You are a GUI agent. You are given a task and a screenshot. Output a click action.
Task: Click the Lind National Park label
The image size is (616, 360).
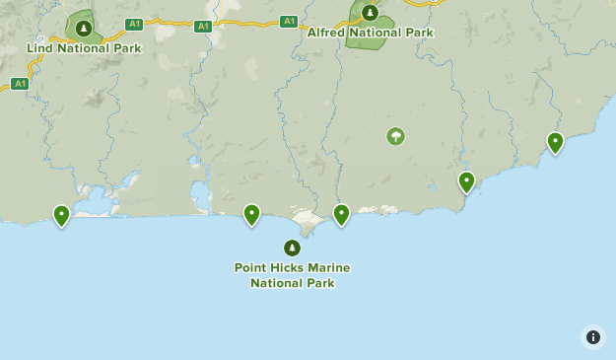point(84,48)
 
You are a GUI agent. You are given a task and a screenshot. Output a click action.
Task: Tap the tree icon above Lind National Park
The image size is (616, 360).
point(83,29)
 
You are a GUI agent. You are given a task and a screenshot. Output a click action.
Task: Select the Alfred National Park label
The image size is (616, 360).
point(370,33)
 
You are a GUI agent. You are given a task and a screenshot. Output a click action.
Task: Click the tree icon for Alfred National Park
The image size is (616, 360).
point(370,13)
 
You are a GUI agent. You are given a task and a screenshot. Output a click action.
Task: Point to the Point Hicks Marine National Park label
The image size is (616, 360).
point(292,275)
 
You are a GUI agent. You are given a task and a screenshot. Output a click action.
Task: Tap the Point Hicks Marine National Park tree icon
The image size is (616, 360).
point(292,248)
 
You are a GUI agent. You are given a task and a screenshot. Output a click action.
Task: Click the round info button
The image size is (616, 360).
point(593,337)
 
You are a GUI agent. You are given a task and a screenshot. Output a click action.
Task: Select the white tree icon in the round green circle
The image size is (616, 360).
point(395,136)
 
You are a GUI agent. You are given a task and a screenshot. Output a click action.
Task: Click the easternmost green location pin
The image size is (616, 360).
point(555,143)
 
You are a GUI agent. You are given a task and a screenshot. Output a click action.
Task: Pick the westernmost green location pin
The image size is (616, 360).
point(61,215)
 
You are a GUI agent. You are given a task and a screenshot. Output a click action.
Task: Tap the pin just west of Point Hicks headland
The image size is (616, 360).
point(251,214)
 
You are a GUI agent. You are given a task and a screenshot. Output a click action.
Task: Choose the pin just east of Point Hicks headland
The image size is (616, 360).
point(341,214)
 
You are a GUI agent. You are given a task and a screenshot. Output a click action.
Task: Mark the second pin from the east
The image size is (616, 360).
point(466,182)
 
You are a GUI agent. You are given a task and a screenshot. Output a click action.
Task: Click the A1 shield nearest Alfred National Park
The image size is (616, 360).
point(289,21)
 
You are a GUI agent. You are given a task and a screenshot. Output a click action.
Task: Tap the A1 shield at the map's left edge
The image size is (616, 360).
point(20,84)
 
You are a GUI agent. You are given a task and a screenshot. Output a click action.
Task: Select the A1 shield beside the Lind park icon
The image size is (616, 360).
point(134,24)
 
